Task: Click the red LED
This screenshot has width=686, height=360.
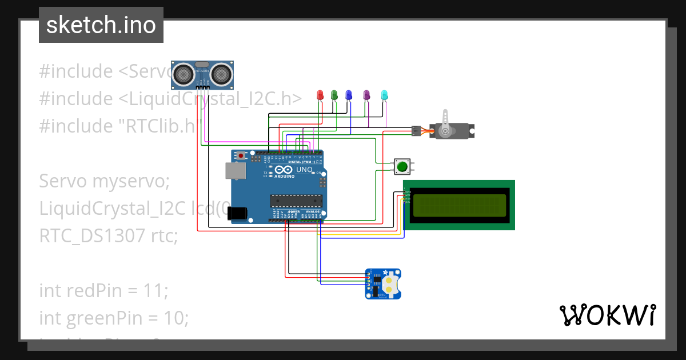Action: pyautogui.click(x=320, y=95)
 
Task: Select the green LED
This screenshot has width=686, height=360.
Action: pyautogui.click(x=334, y=95)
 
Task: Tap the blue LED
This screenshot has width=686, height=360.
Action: pyautogui.click(x=349, y=95)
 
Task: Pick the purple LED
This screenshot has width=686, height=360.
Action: pyautogui.click(x=367, y=95)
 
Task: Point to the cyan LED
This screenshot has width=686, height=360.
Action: pyautogui.click(x=385, y=95)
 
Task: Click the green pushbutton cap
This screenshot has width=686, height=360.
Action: pyautogui.click(x=402, y=167)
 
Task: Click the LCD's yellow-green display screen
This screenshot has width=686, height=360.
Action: pyautogui.click(x=459, y=206)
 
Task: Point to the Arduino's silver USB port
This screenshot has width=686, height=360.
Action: pyautogui.click(x=233, y=171)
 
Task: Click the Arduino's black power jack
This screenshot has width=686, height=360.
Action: pyautogui.click(x=237, y=213)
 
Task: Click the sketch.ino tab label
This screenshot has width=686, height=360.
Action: pyautogui.click(x=101, y=25)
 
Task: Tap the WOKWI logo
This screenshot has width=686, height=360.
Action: pyautogui.click(x=607, y=315)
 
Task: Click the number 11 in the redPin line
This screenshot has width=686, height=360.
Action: pyautogui.click(x=154, y=290)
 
